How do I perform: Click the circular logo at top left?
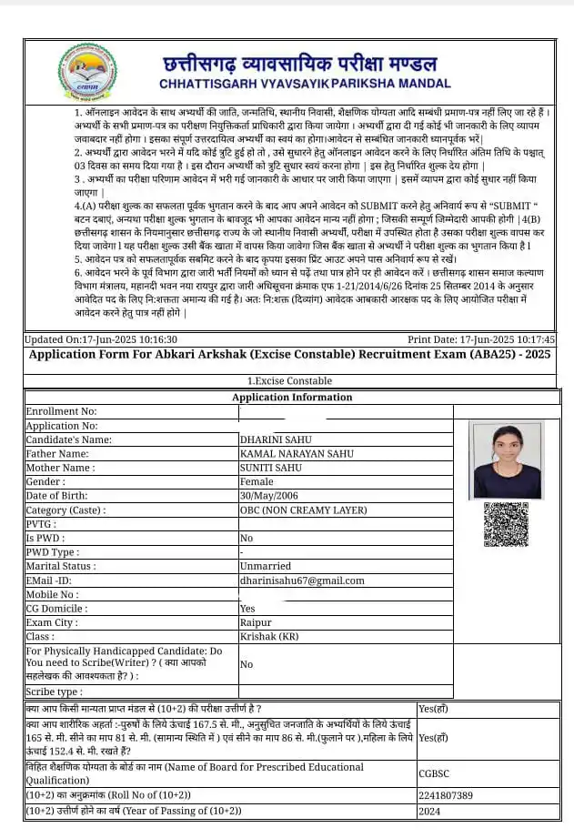pos(87,72)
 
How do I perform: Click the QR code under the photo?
pos(506,525)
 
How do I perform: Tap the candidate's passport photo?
pos(507,459)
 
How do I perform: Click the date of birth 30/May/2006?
pos(270,496)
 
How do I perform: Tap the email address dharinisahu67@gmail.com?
pos(301,581)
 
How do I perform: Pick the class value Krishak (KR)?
pos(269,637)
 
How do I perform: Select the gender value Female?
pos(256,482)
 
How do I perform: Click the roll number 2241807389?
pos(447,794)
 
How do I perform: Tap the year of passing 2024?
pos(429,810)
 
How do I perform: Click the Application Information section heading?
pos(291,398)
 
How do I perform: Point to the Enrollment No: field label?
pos(61,411)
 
